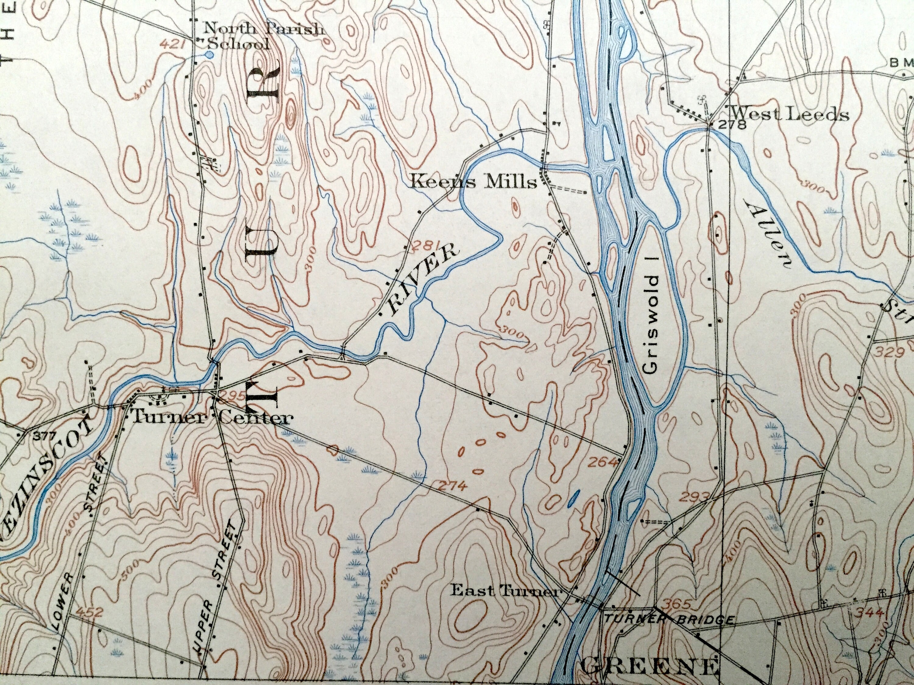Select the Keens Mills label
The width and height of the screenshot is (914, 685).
474,182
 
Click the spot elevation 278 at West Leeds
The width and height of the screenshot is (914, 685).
733,125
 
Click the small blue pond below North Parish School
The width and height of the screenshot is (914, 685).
210,54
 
